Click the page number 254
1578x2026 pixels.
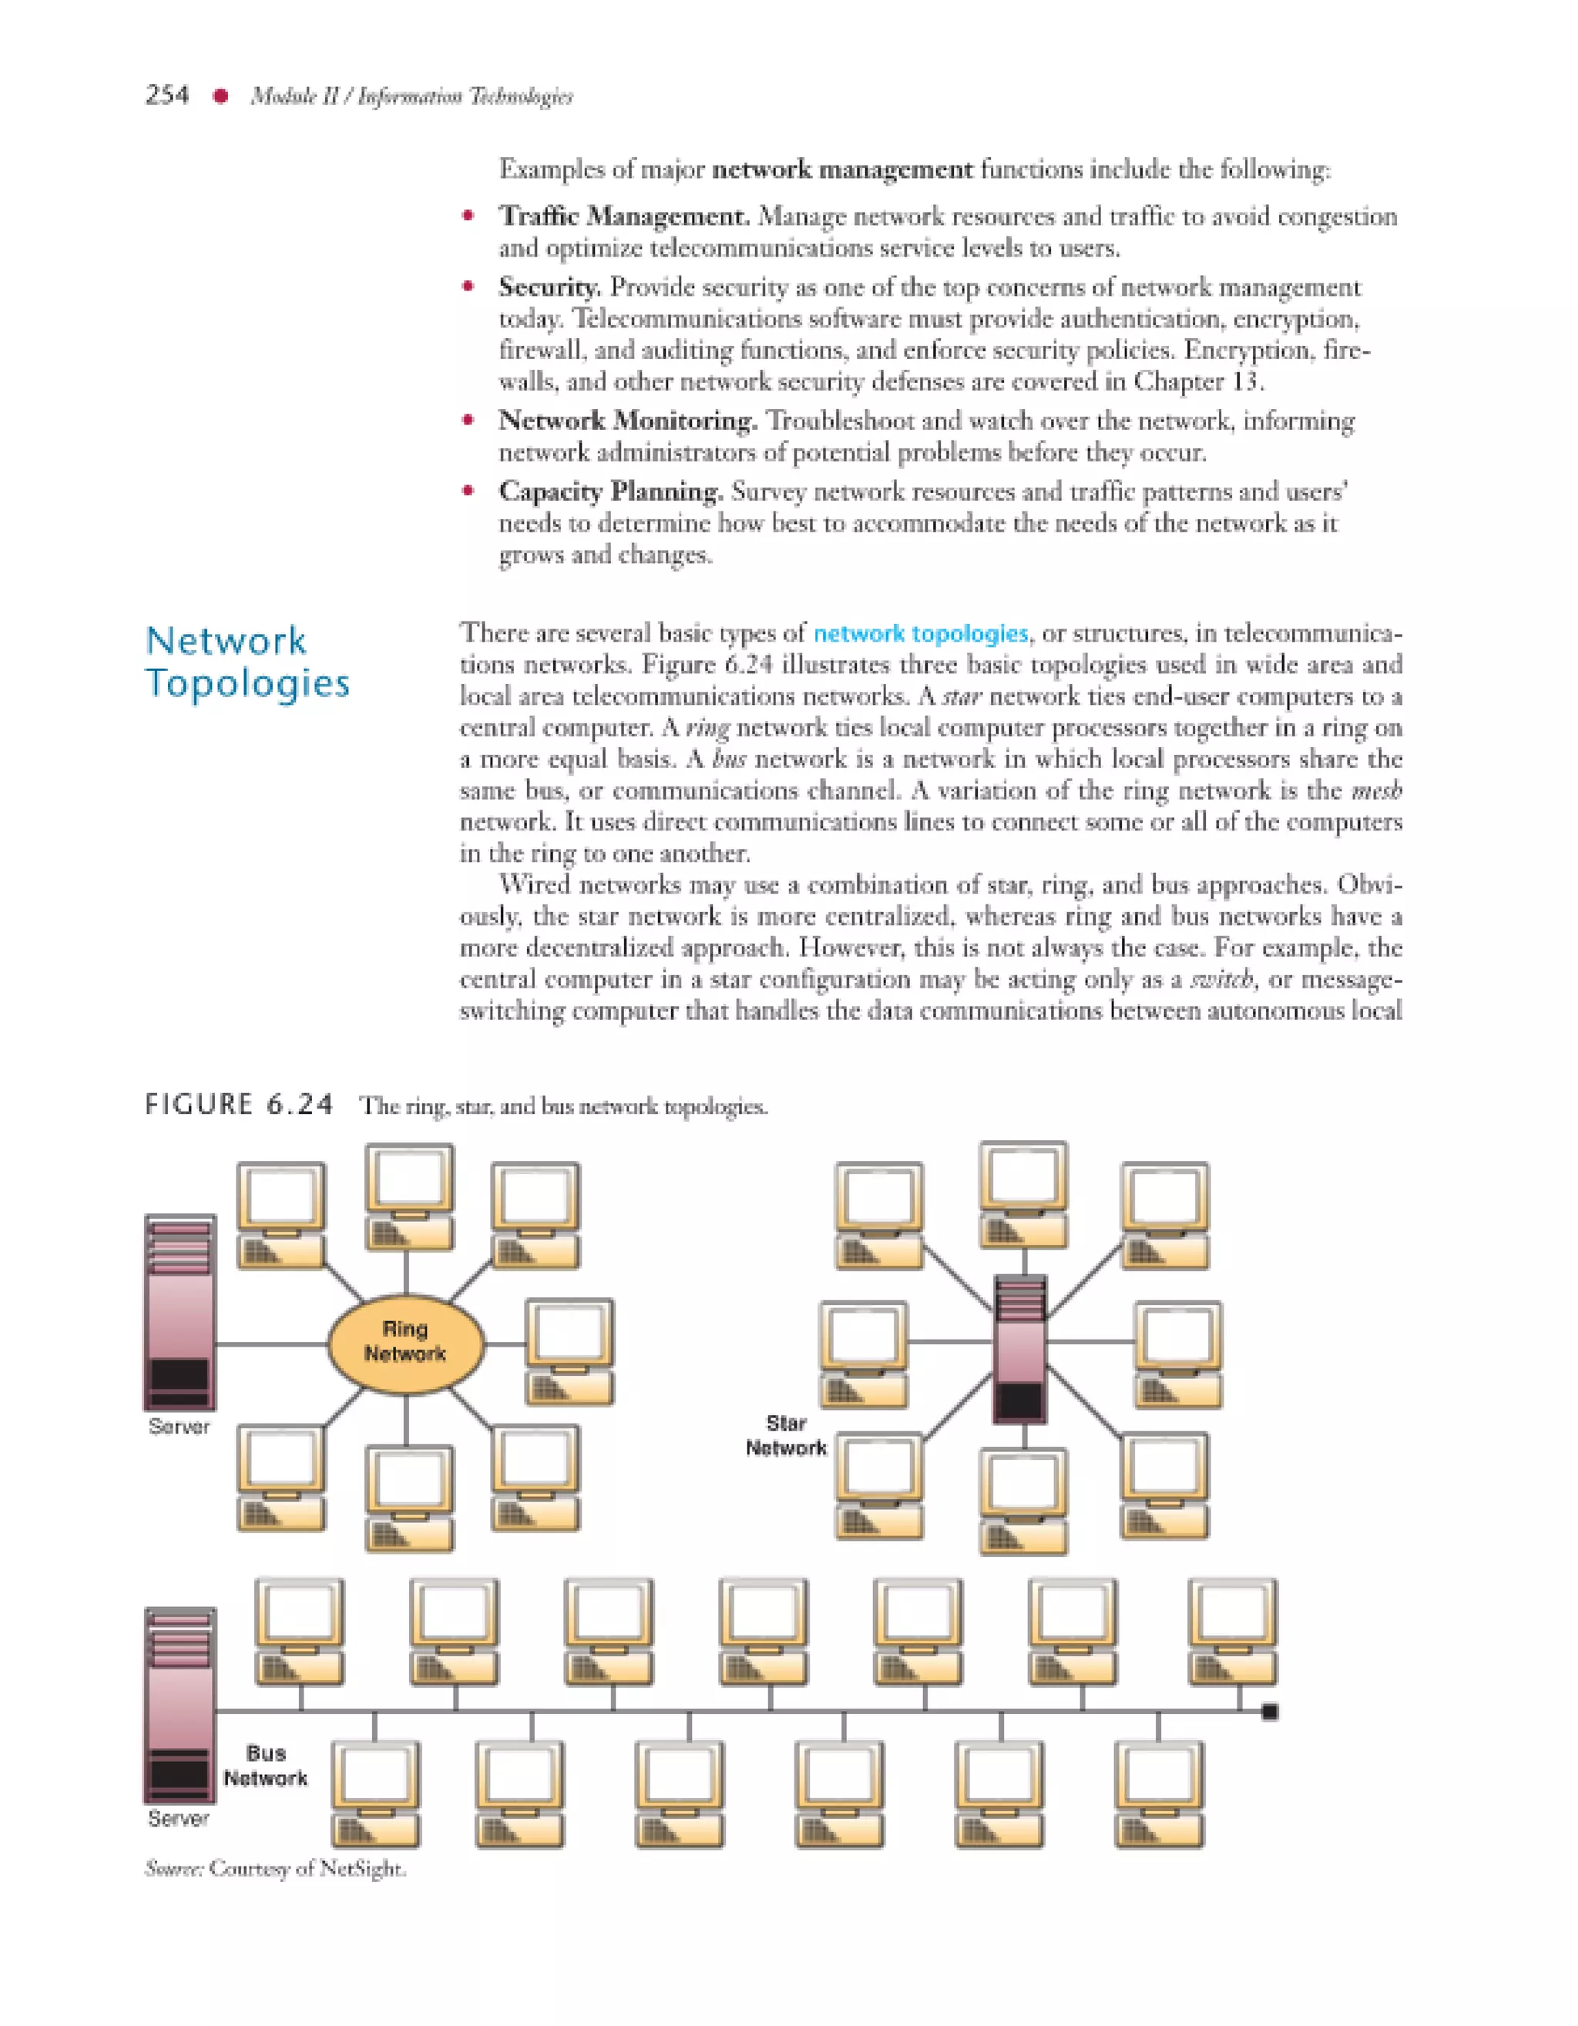click(x=167, y=96)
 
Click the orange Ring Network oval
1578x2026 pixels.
click(x=405, y=1342)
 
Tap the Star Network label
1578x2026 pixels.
click(x=786, y=1435)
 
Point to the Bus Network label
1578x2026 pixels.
click(x=265, y=1766)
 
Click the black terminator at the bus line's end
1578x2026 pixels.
click(x=1270, y=1712)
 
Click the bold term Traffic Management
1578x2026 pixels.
click(x=624, y=216)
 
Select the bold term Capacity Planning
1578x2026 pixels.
click(x=610, y=491)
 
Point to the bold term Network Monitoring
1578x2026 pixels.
click(x=628, y=421)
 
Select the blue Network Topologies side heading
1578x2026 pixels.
click(x=247, y=662)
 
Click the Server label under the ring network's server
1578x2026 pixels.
click(x=179, y=1426)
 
